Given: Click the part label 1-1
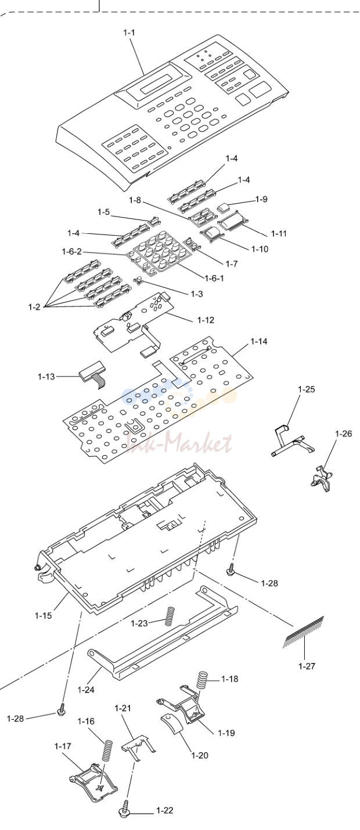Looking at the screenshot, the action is pyautogui.click(x=129, y=33).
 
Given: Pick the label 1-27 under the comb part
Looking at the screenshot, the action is pyautogui.click(x=307, y=666).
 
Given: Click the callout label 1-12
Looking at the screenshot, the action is pyautogui.click(x=206, y=320).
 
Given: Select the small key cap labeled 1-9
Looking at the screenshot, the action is pyautogui.click(x=223, y=207).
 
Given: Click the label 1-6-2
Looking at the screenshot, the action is pyautogui.click(x=71, y=251).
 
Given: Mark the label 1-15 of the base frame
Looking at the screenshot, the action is pyautogui.click(x=44, y=615).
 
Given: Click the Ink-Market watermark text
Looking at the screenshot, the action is pyautogui.click(x=179, y=444).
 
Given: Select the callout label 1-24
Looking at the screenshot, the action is pyautogui.click(x=85, y=690).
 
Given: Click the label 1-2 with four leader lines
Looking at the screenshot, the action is pyautogui.click(x=34, y=307).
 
